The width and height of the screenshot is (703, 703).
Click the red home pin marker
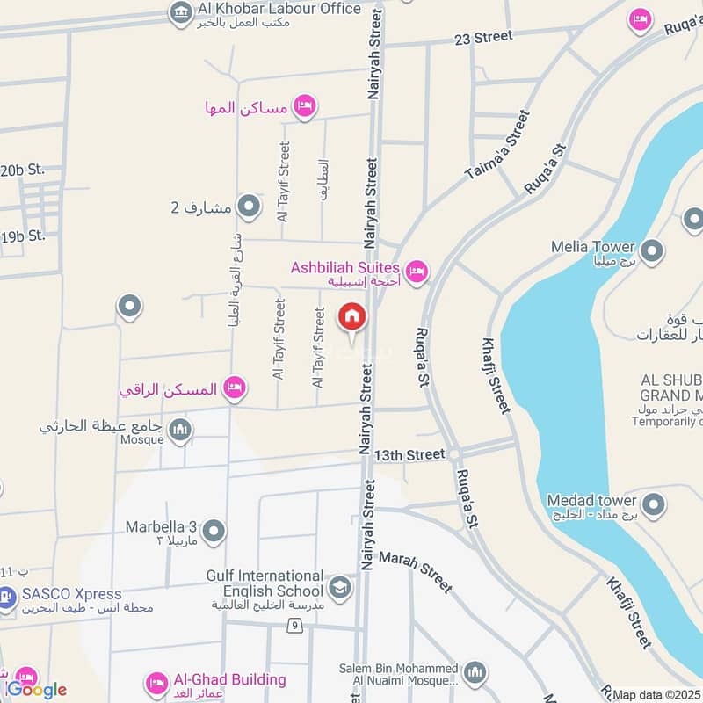[x=351, y=316]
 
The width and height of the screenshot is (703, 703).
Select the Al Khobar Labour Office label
[x=278, y=9]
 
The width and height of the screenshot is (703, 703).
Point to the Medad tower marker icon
[x=652, y=504]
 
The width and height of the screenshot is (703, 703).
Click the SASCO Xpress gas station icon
[x=6, y=598]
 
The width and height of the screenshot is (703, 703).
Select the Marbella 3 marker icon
[x=213, y=531]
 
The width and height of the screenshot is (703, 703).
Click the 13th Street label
[x=409, y=455]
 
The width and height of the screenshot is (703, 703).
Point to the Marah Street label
[x=415, y=572]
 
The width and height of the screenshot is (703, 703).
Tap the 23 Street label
[x=482, y=37]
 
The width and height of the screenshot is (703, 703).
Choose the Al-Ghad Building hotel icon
[x=157, y=682]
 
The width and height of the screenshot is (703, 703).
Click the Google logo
[x=36, y=689]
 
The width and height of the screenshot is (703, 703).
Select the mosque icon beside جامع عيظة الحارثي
[x=181, y=429]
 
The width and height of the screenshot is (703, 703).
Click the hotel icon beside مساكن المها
[x=304, y=106]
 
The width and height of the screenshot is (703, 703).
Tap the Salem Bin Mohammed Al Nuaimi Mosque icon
[x=475, y=673]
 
